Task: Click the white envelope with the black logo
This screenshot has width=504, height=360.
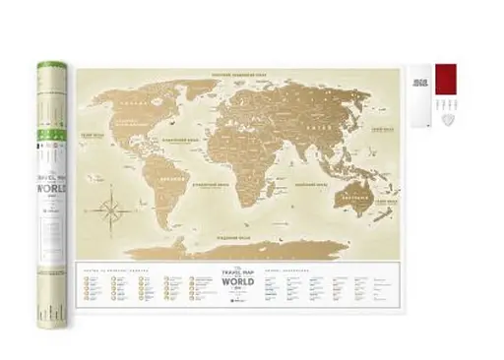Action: click(421, 95)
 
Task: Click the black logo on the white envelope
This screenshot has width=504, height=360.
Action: click(420, 82)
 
